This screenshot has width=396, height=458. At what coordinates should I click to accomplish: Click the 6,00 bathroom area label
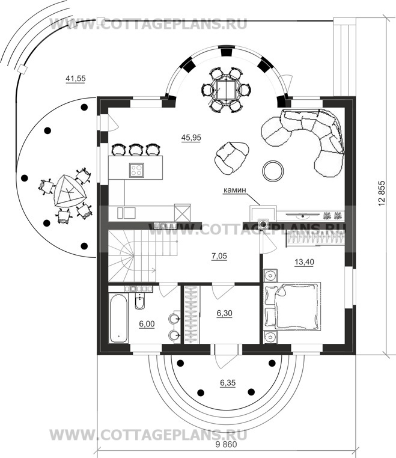coord(147,324)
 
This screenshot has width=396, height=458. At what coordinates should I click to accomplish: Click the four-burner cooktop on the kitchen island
coord(136,169)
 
